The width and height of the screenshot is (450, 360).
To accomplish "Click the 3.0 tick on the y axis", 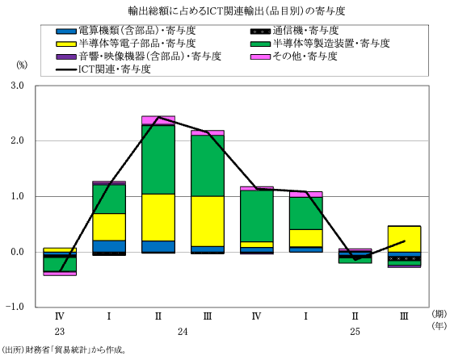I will [19, 86].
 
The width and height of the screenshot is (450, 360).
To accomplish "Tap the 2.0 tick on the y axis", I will [19, 141].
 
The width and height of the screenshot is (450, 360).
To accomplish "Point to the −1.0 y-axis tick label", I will [16, 308].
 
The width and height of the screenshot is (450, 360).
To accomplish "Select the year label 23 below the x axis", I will [60, 333].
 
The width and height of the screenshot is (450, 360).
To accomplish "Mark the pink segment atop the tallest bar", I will [158, 120].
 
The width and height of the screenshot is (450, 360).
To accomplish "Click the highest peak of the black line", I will [158, 117].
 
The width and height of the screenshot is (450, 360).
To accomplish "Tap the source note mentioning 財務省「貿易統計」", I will [65, 350].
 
